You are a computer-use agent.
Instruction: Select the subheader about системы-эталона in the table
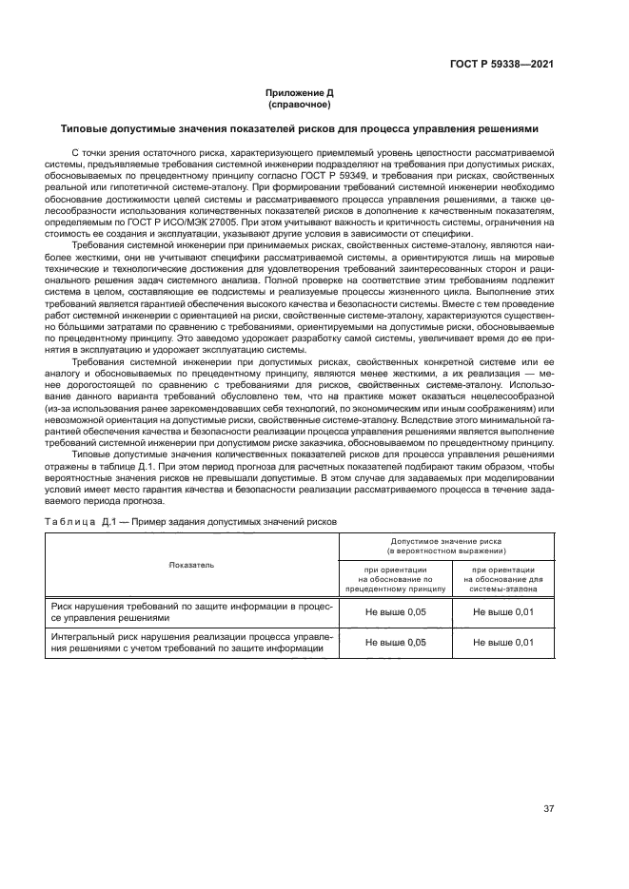[x=502, y=577]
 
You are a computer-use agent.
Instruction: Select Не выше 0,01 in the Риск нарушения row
[x=502, y=611]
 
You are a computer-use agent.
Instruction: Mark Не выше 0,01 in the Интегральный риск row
[x=502, y=643]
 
